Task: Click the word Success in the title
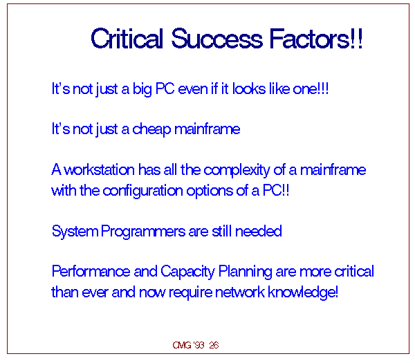pos(217,39)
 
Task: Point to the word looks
pos(249,89)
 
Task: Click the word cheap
pos(151,130)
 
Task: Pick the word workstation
pos(100,169)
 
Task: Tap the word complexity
pos(237,170)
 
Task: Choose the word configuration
pos(142,191)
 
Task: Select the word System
pos(75,232)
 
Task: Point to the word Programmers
pos(143,232)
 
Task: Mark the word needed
pos(258,231)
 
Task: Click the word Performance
pos(91,271)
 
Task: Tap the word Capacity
pos(187,272)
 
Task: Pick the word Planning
pos(245,272)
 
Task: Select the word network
pos(240,292)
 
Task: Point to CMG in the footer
pos(181,345)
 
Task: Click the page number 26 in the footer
pos(214,345)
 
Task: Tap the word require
pos(190,293)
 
